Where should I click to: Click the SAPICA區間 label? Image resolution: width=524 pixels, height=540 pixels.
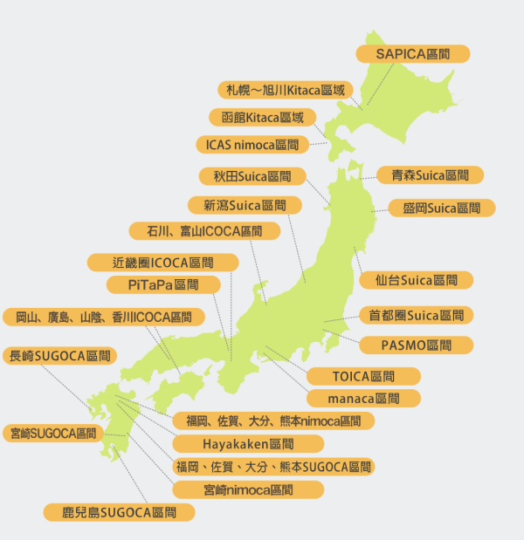(x=413, y=54)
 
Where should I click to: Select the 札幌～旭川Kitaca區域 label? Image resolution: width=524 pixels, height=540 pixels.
(x=286, y=90)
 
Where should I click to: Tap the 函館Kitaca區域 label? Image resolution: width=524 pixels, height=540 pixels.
(x=262, y=117)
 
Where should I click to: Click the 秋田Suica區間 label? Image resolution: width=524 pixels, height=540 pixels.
(x=252, y=176)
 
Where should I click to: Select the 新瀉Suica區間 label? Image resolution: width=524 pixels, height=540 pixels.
(x=245, y=205)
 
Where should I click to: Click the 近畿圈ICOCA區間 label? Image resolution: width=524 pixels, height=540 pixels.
(x=163, y=263)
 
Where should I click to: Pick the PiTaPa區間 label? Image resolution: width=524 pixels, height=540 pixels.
(x=163, y=285)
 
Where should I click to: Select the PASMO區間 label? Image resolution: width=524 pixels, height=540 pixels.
(x=416, y=345)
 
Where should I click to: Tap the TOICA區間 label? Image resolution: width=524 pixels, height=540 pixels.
(x=363, y=376)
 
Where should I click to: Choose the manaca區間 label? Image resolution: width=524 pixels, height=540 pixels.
(x=363, y=398)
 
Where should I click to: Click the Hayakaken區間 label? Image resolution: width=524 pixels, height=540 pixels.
(x=250, y=443)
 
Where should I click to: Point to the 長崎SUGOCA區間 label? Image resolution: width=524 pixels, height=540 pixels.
(x=60, y=356)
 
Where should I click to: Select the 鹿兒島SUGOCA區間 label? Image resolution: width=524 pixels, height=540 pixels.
(x=119, y=512)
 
